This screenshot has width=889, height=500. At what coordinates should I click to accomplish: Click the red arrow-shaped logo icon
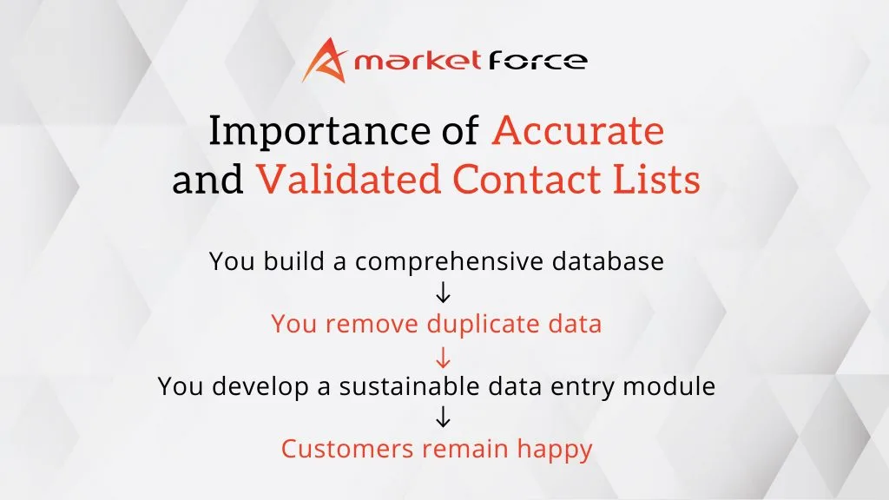[x=325, y=60]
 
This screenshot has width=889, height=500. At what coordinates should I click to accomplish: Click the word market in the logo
[x=418, y=60]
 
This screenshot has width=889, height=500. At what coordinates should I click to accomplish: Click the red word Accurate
[x=578, y=130]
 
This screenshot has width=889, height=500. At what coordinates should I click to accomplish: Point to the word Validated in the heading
[x=349, y=179]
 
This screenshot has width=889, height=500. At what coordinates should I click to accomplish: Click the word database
[x=608, y=260]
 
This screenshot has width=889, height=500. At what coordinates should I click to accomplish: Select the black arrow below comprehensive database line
[x=443, y=293]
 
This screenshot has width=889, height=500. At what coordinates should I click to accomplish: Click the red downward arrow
[x=443, y=357]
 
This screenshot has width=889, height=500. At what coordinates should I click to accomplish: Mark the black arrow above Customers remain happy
[x=443, y=418]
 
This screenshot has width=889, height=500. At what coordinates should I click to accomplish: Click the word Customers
[x=347, y=449]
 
